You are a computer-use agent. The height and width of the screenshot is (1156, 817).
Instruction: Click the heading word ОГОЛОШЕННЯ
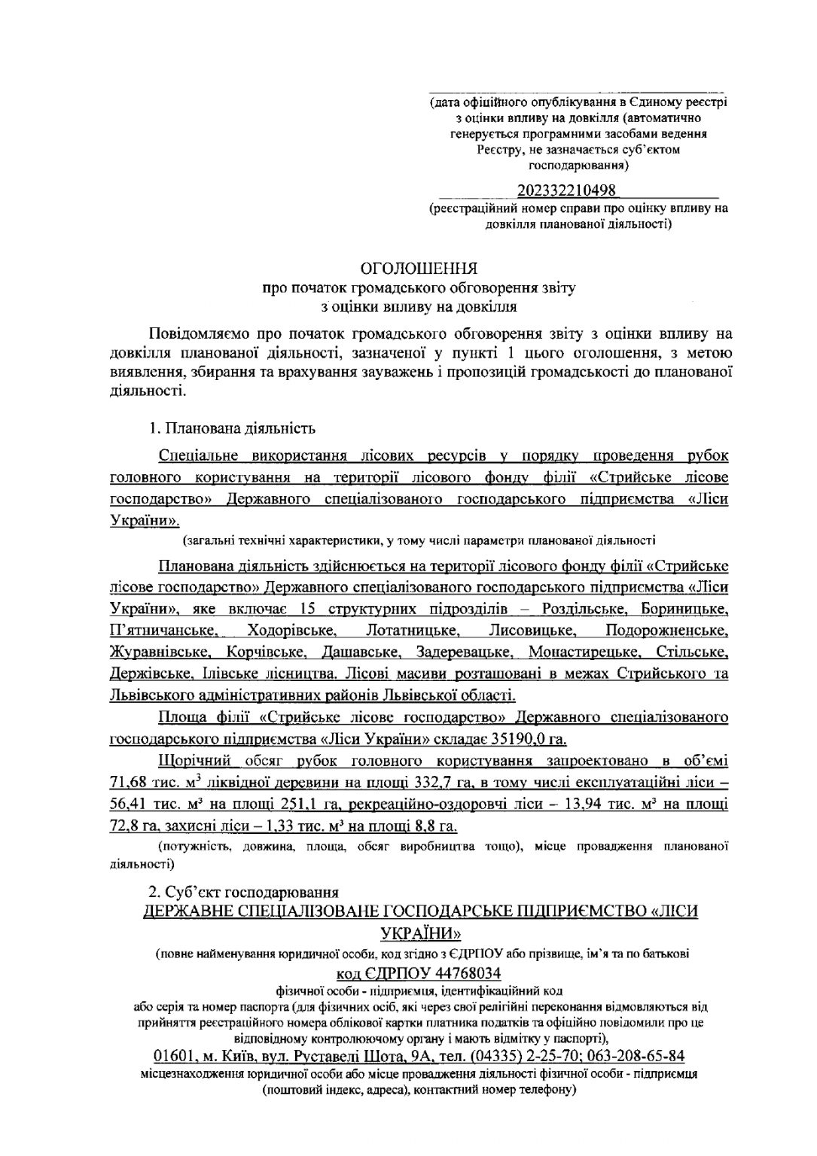pos(419,269)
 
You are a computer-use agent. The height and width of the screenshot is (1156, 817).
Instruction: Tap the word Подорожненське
pos(666,630)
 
